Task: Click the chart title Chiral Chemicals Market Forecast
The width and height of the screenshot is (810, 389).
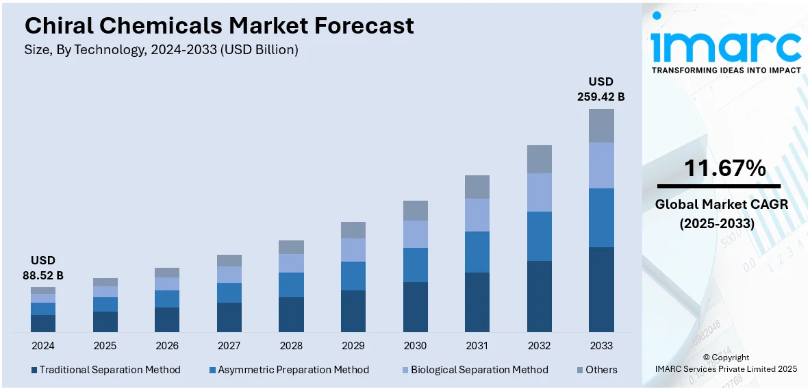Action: click(x=219, y=26)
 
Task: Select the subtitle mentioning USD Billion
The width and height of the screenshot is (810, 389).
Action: click(x=162, y=50)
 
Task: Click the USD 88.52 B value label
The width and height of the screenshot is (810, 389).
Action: click(x=42, y=268)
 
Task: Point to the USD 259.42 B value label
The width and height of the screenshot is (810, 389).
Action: click(x=601, y=90)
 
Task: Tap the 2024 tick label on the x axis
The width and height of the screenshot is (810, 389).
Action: click(x=42, y=346)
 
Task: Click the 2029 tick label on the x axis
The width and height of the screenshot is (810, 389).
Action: click(x=353, y=346)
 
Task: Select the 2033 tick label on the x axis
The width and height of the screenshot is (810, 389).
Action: click(x=601, y=346)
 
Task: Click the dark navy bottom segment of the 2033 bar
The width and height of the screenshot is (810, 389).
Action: click(x=601, y=290)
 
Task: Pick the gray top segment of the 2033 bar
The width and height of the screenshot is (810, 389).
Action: click(x=601, y=125)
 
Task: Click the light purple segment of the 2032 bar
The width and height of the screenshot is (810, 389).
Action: click(x=540, y=192)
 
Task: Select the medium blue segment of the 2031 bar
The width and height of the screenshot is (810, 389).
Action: click(x=477, y=252)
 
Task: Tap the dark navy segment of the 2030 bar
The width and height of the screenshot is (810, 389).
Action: click(x=415, y=308)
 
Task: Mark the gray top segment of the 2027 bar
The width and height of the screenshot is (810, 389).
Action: click(x=229, y=260)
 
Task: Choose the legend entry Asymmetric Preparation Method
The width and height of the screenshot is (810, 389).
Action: click(x=293, y=370)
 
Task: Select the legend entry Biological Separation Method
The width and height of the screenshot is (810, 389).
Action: click(x=479, y=370)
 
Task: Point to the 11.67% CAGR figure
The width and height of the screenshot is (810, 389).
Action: click(x=725, y=168)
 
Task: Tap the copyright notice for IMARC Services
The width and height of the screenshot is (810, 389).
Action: click(x=726, y=363)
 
